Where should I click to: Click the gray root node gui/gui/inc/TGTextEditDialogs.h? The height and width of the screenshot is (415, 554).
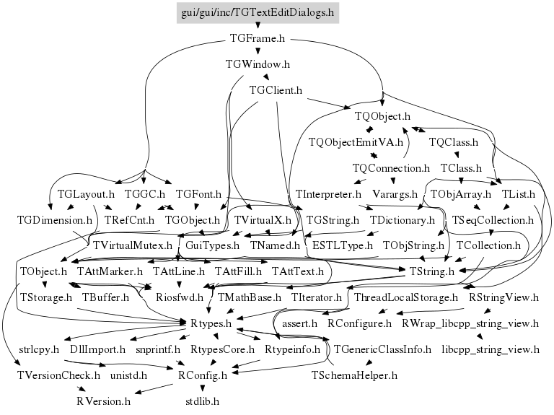point(258,13)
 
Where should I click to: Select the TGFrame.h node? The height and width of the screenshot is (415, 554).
point(258,38)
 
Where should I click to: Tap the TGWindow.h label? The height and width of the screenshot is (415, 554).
point(258,64)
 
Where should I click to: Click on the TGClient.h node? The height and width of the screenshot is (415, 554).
point(276,90)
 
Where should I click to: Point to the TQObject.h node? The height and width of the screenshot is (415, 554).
point(382,116)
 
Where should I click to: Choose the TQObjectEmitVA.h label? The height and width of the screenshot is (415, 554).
point(356,142)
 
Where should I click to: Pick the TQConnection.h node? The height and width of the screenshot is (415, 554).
point(391,168)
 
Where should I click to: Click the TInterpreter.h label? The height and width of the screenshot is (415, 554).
point(328,194)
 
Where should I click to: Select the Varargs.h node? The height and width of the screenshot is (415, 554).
point(395,194)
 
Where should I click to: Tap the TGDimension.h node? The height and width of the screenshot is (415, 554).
point(55,220)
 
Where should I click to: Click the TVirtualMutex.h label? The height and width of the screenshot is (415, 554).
point(133,245)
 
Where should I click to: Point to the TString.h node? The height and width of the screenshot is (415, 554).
point(432,271)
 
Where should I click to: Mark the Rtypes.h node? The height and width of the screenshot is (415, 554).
point(211,323)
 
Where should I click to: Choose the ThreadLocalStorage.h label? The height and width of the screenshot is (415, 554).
point(406,297)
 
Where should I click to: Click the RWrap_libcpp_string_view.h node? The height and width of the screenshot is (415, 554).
point(470,323)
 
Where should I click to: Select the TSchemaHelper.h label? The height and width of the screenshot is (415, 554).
point(354,375)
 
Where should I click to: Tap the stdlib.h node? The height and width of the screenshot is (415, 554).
point(202,401)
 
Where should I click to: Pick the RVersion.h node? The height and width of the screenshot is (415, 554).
point(104,401)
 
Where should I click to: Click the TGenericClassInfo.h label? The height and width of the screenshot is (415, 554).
point(382,349)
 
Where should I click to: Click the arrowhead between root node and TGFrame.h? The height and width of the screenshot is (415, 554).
point(258,26)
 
